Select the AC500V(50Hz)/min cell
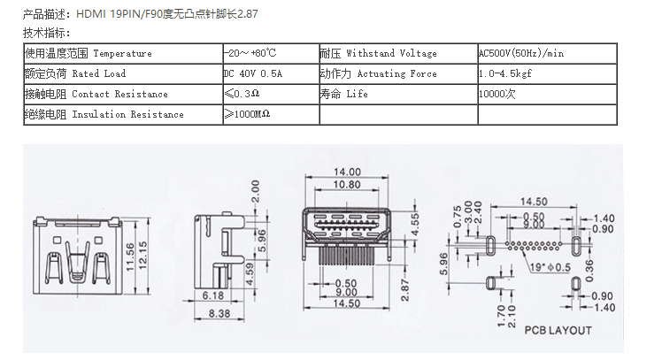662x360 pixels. (x=520, y=53)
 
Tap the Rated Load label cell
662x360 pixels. (x=76, y=73)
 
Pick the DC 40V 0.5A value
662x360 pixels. (x=255, y=73)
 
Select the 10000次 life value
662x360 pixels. (x=496, y=94)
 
